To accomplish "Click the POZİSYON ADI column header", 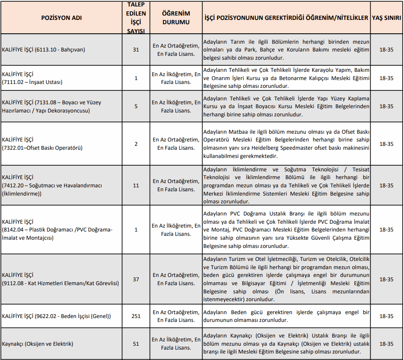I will click(x=61, y=18).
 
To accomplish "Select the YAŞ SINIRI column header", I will click(x=386, y=18).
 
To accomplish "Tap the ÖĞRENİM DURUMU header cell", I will click(x=176, y=18).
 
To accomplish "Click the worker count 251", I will click(x=136, y=316).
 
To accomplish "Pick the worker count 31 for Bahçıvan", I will click(x=136, y=50).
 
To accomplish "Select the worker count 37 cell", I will click(x=136, y=280).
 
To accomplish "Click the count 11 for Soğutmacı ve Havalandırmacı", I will click(x=136, y=186).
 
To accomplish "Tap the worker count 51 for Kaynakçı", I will click(x=136, y=344).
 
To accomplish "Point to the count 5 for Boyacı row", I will click(x=136, y=106).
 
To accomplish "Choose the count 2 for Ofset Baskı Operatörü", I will click(x=136, y=144).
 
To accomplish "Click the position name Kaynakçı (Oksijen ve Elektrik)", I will click(x=38, y=344).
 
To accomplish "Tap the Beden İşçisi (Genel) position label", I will click(x=56, y=316).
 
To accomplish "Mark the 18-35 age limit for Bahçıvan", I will click(x=386, y=50).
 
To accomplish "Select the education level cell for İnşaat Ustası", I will click(x=176, y=78).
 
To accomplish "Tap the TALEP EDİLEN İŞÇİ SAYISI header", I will click(x=136, y=17).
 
